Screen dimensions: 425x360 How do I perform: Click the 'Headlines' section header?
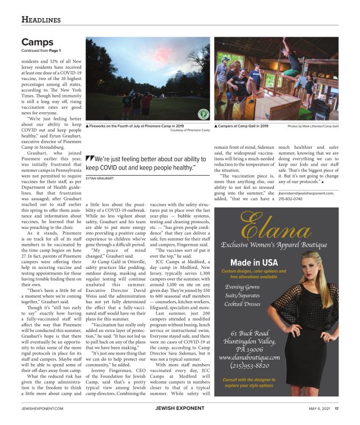[x=41, y=20]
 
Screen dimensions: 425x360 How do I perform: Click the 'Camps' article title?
[x=37, y=42]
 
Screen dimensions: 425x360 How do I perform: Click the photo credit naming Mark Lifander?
[x=317, y=126]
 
